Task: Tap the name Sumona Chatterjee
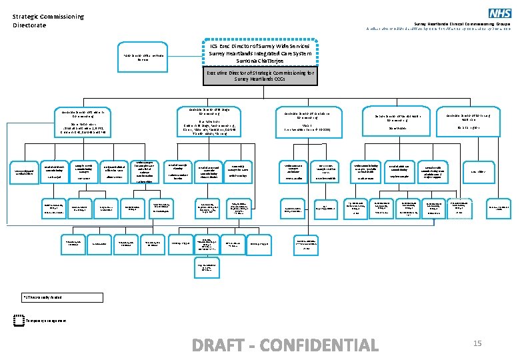259,61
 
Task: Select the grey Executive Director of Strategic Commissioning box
260,76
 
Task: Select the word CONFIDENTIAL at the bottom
320,345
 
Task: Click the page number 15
477,343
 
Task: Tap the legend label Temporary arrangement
47,321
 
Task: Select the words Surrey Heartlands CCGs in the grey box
260,79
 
